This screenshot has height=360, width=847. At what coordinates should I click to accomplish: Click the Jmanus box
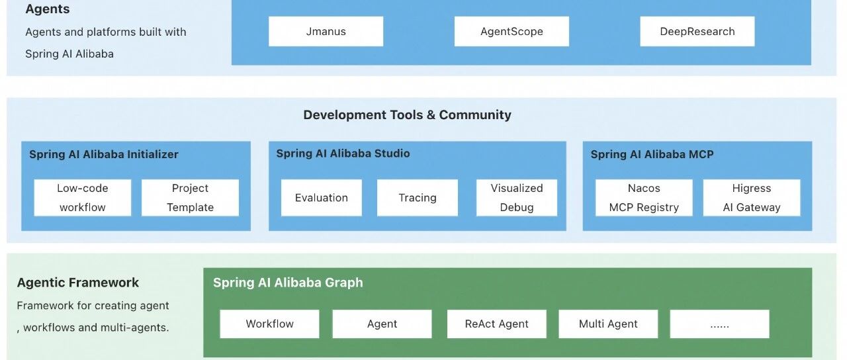click(326, 31)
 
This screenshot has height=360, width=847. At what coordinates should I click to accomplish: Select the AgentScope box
click(512, 31)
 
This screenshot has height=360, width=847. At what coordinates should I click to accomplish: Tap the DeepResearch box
click(697, 31)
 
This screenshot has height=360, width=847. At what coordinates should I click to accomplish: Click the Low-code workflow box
click(83, 197)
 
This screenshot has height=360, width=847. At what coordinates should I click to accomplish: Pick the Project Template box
click(190, 197)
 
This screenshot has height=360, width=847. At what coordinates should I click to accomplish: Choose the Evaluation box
click(321, 197)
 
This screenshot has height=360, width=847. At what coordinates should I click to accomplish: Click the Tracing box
click(417, 197)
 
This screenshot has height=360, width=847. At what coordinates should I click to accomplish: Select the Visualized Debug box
click(516, 197)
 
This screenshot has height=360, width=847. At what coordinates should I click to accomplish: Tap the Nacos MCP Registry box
click(644, 197)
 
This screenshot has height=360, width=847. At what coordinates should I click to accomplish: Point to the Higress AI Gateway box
click(751, 197)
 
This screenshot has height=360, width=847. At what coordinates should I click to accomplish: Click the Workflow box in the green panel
click(269, 324)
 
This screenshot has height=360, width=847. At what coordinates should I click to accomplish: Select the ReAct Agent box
click(496, 324)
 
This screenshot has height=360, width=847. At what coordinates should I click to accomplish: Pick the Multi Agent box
click(608, 324)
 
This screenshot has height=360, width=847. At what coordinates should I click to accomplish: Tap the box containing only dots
click(719, 324)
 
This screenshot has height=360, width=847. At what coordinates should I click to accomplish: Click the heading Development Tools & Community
click(407, 114)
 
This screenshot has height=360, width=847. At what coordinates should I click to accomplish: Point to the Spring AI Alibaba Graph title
click(288, 283)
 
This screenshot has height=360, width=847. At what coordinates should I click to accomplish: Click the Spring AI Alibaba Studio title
click(343, 154)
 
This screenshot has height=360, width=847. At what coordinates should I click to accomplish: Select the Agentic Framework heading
click(78, 283)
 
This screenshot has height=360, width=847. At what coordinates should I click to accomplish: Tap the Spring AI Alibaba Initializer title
click(104, 154)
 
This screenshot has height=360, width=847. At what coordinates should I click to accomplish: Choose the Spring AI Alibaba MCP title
click(652, 154)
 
